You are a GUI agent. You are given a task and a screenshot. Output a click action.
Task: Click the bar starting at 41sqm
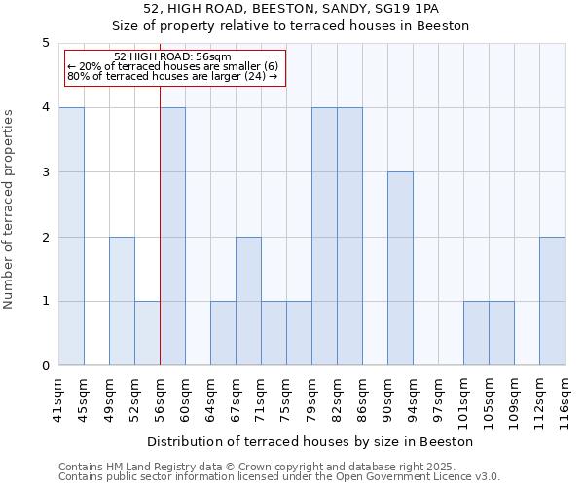point(71,237)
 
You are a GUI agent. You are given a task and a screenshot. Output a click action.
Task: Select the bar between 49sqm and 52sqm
point(122,301)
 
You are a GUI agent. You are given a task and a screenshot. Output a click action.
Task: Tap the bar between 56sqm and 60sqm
point(172,237)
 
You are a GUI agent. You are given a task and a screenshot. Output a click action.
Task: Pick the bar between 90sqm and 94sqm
point(400,269)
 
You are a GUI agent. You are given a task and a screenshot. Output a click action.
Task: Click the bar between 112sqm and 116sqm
point(552,301)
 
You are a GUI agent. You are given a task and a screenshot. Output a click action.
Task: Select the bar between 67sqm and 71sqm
point(248,301)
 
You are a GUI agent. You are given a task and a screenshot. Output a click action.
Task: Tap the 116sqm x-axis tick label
point(565,395)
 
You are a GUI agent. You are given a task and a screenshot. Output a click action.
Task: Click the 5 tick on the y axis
point(46,43)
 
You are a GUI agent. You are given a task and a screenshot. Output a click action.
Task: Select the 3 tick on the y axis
point(46,172)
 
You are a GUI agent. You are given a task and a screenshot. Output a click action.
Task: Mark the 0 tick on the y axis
point(46,366)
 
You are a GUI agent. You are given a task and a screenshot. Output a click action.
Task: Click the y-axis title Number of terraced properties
point(9,209)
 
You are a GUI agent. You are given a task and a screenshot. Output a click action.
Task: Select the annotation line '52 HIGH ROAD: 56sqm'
point(172,56)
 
